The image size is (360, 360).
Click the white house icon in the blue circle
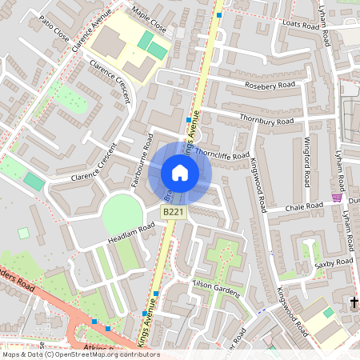[x=180, y=173]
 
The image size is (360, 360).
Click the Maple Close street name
[x=149, y=20]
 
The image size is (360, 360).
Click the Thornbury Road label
[x=266, y=119]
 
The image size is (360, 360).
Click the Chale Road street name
[x=306, y=206]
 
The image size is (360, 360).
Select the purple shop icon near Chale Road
[x=337, y=198]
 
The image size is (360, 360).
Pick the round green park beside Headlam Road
[x=122, y=214]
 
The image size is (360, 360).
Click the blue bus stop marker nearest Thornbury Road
[x=189, y=120]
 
